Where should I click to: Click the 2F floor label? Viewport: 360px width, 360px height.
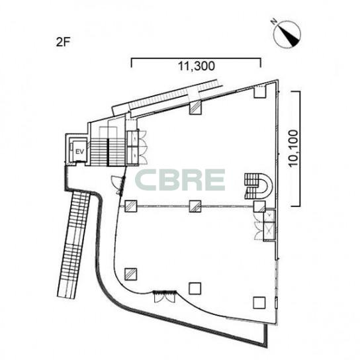[x=63, y=42]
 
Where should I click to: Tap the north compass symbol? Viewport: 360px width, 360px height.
[x=287, y=34]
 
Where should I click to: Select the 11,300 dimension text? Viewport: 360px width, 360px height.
[x=197, y=66]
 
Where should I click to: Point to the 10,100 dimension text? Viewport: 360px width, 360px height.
[x=294, y=149]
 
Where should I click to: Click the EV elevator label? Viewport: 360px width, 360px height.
[x=79, y=152]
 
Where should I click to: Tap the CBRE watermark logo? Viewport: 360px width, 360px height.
[x=180, y=180]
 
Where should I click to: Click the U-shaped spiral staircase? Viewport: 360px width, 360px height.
[x=259, y=187]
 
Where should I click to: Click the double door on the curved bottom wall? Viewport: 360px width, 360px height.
[x=165, y=296]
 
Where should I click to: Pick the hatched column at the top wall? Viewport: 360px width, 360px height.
[x=195, y=108]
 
